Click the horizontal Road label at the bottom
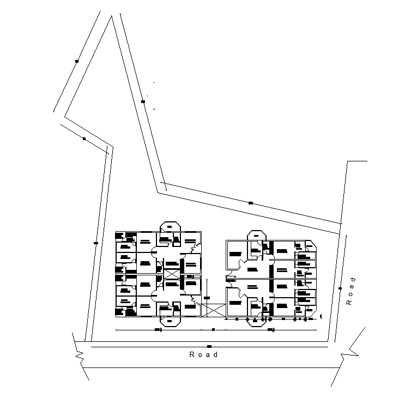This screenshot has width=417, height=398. pos(203,355)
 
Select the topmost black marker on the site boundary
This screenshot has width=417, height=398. pos(77,61)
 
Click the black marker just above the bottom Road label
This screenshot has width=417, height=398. pos(209,346)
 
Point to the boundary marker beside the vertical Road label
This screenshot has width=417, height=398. pos(340,288)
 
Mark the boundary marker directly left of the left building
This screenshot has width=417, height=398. pos(96,243)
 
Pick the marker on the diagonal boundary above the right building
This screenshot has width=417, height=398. pos(251,203)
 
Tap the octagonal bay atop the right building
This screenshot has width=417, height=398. pos(257,235)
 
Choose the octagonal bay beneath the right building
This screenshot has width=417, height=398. pos(257,320)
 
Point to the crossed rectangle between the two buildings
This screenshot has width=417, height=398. pos(213,309)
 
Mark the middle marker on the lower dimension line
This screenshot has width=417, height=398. pos(213,329)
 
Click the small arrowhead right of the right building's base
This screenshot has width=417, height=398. pos(322,316)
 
